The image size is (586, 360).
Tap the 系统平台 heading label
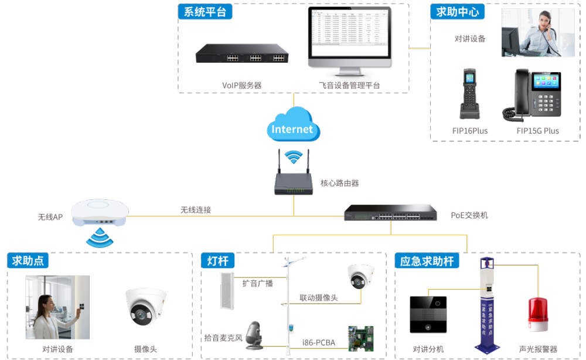pyautogui.click(x=205, y=12)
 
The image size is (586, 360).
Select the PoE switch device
pyautogui.click(x=390, y=213)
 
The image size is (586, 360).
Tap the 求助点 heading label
pyautogui.click(x=28, y=261)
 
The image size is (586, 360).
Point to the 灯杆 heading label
pyautogui.click(x=217, y=261)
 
